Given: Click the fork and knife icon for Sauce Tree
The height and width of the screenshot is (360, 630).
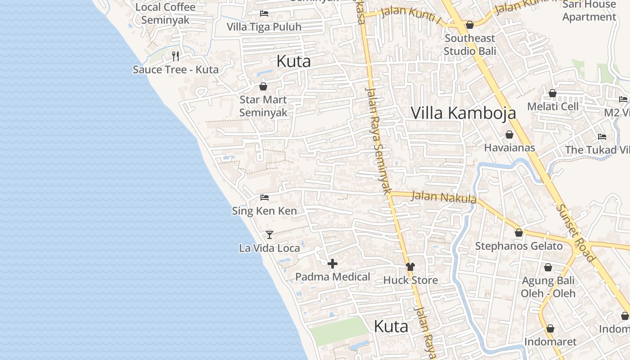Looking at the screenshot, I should pos(175,56).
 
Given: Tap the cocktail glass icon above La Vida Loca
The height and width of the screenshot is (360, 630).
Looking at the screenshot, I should pos(269,234).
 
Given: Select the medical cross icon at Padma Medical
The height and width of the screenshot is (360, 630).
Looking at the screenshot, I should pos(332,264).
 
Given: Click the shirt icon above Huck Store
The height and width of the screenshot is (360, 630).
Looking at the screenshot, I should pos(410,267).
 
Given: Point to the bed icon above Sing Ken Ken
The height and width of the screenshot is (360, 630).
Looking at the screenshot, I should pos(265,198).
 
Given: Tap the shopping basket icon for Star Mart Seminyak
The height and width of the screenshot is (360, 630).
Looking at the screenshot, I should pos(263,86).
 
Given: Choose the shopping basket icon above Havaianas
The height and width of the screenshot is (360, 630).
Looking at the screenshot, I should pos(509,135).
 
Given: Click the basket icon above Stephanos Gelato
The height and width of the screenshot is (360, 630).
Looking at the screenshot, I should pos(519,233).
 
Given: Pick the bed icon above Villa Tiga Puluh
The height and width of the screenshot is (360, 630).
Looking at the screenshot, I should pos(264,13).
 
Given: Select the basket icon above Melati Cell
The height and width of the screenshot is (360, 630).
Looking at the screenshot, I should pos(553,94).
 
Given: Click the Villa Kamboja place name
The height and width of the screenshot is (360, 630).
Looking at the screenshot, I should pos(463,113).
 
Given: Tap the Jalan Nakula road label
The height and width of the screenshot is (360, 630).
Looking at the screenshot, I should pos(444,197).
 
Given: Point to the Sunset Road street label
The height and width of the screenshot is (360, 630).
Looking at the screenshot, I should pos(575,233).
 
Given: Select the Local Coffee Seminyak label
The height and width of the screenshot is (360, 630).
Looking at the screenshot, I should pos(165,13).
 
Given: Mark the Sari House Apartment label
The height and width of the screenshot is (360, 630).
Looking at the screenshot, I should pos(589,11).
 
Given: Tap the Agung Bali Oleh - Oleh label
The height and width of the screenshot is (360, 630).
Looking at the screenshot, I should pos(548,287).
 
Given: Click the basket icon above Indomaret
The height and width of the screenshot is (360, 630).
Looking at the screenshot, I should pos(550,329).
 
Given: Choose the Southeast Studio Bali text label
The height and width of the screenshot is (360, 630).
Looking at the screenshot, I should pos(469,45).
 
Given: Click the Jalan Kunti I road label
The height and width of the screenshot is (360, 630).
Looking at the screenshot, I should pos(411,14).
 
